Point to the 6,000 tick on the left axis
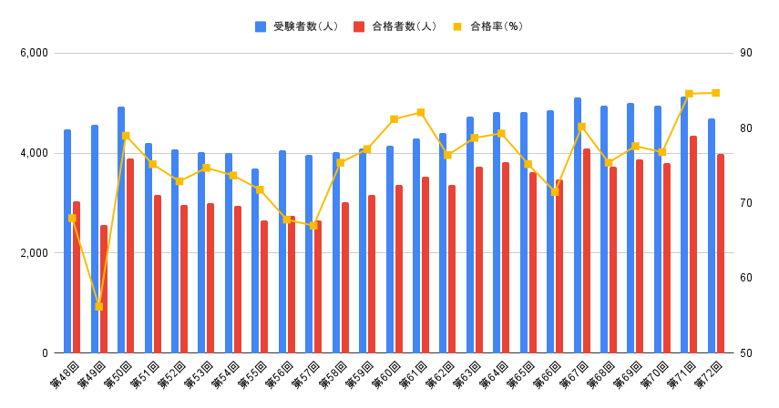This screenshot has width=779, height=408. (34, 53)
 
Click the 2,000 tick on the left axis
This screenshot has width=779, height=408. (34, 253)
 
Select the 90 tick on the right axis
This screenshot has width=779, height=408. (746, 53)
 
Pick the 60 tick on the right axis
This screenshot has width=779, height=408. (746, 278)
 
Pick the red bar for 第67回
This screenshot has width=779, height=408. (587, 250)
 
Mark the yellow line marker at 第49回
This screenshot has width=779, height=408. (98, 306)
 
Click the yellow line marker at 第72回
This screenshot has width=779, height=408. (715, 93)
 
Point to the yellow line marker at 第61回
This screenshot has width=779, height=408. (421, 112)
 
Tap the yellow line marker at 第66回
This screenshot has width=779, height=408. (555, 191)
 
